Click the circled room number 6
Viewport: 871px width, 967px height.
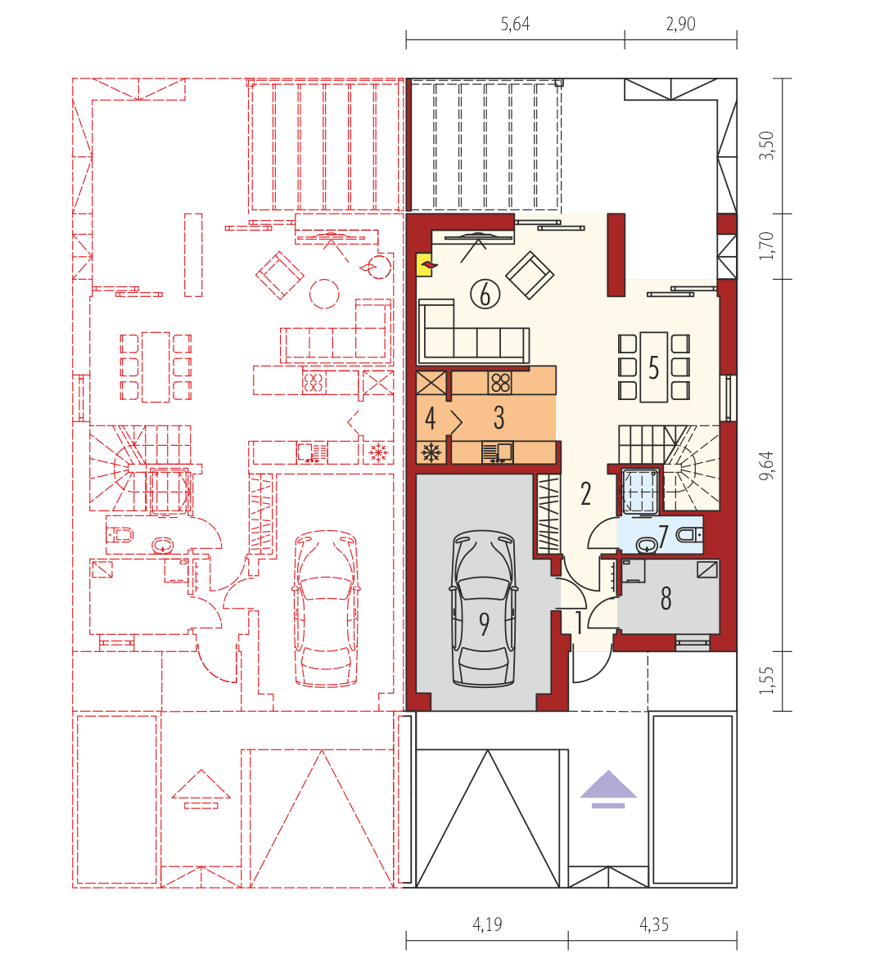tap(485, 293)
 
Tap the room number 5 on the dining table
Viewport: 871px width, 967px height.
tap(653, 368)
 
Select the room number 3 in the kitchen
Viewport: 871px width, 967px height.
tap(499, 418)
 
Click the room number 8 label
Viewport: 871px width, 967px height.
tap(666, 600)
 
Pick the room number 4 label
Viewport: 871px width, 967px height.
tap(430, 419)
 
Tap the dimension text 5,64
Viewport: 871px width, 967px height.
tap(515, 24)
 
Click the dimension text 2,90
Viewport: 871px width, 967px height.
tap(680, 24)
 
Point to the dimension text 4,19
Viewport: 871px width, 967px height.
tap(487, 925)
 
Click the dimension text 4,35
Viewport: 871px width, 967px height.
tap(653, 925)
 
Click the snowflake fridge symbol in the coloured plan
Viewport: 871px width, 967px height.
tap(431, 452)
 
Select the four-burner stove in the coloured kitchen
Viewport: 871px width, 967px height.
tap(499, 382)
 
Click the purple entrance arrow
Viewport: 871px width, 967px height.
tap(608, 788)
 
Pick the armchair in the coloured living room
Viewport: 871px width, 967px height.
tap(530, 275)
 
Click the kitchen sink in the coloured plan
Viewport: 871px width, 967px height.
tap(496, 452)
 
